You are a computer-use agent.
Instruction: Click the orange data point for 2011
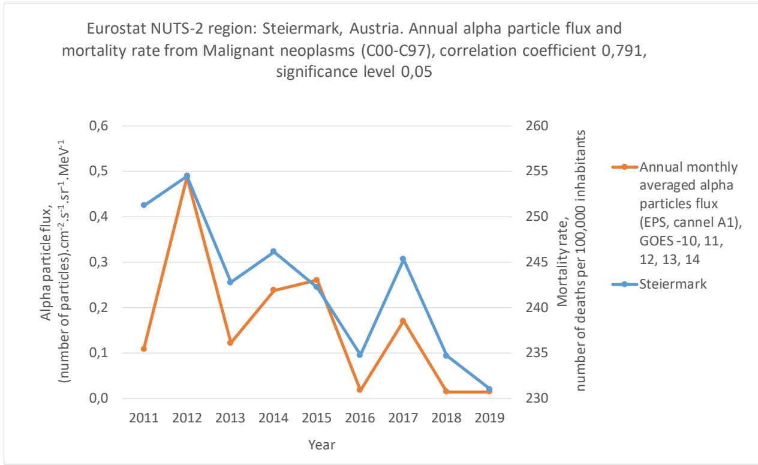[x=144, y=349]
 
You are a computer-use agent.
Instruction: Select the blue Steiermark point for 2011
[x=144, y=205]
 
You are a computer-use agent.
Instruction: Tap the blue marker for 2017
[x=403, y=259]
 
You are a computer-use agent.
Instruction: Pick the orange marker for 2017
[x=403, y=321]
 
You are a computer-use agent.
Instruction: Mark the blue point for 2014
[x=273, y=251]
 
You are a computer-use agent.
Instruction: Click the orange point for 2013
[x=230, y=343]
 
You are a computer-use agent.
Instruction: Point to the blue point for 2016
[x=360, y=355]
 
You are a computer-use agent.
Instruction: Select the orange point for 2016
[x=360, y=390]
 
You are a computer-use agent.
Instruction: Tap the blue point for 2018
[x=446, y=356]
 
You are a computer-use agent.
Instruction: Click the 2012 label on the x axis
[x=187, y=418]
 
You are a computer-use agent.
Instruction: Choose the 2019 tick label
[x=489, y=418]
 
